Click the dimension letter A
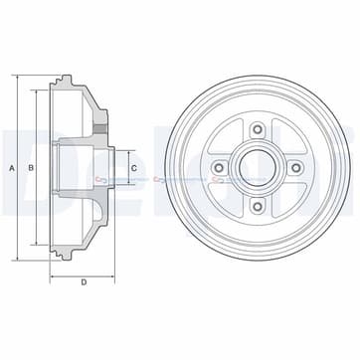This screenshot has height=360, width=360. (12, 167)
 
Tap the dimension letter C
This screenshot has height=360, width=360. (133, 167)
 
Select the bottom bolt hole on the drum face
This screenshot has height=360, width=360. (257, 207)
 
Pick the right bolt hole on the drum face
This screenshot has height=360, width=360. (296, 167)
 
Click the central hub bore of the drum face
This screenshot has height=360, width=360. (257, 167)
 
